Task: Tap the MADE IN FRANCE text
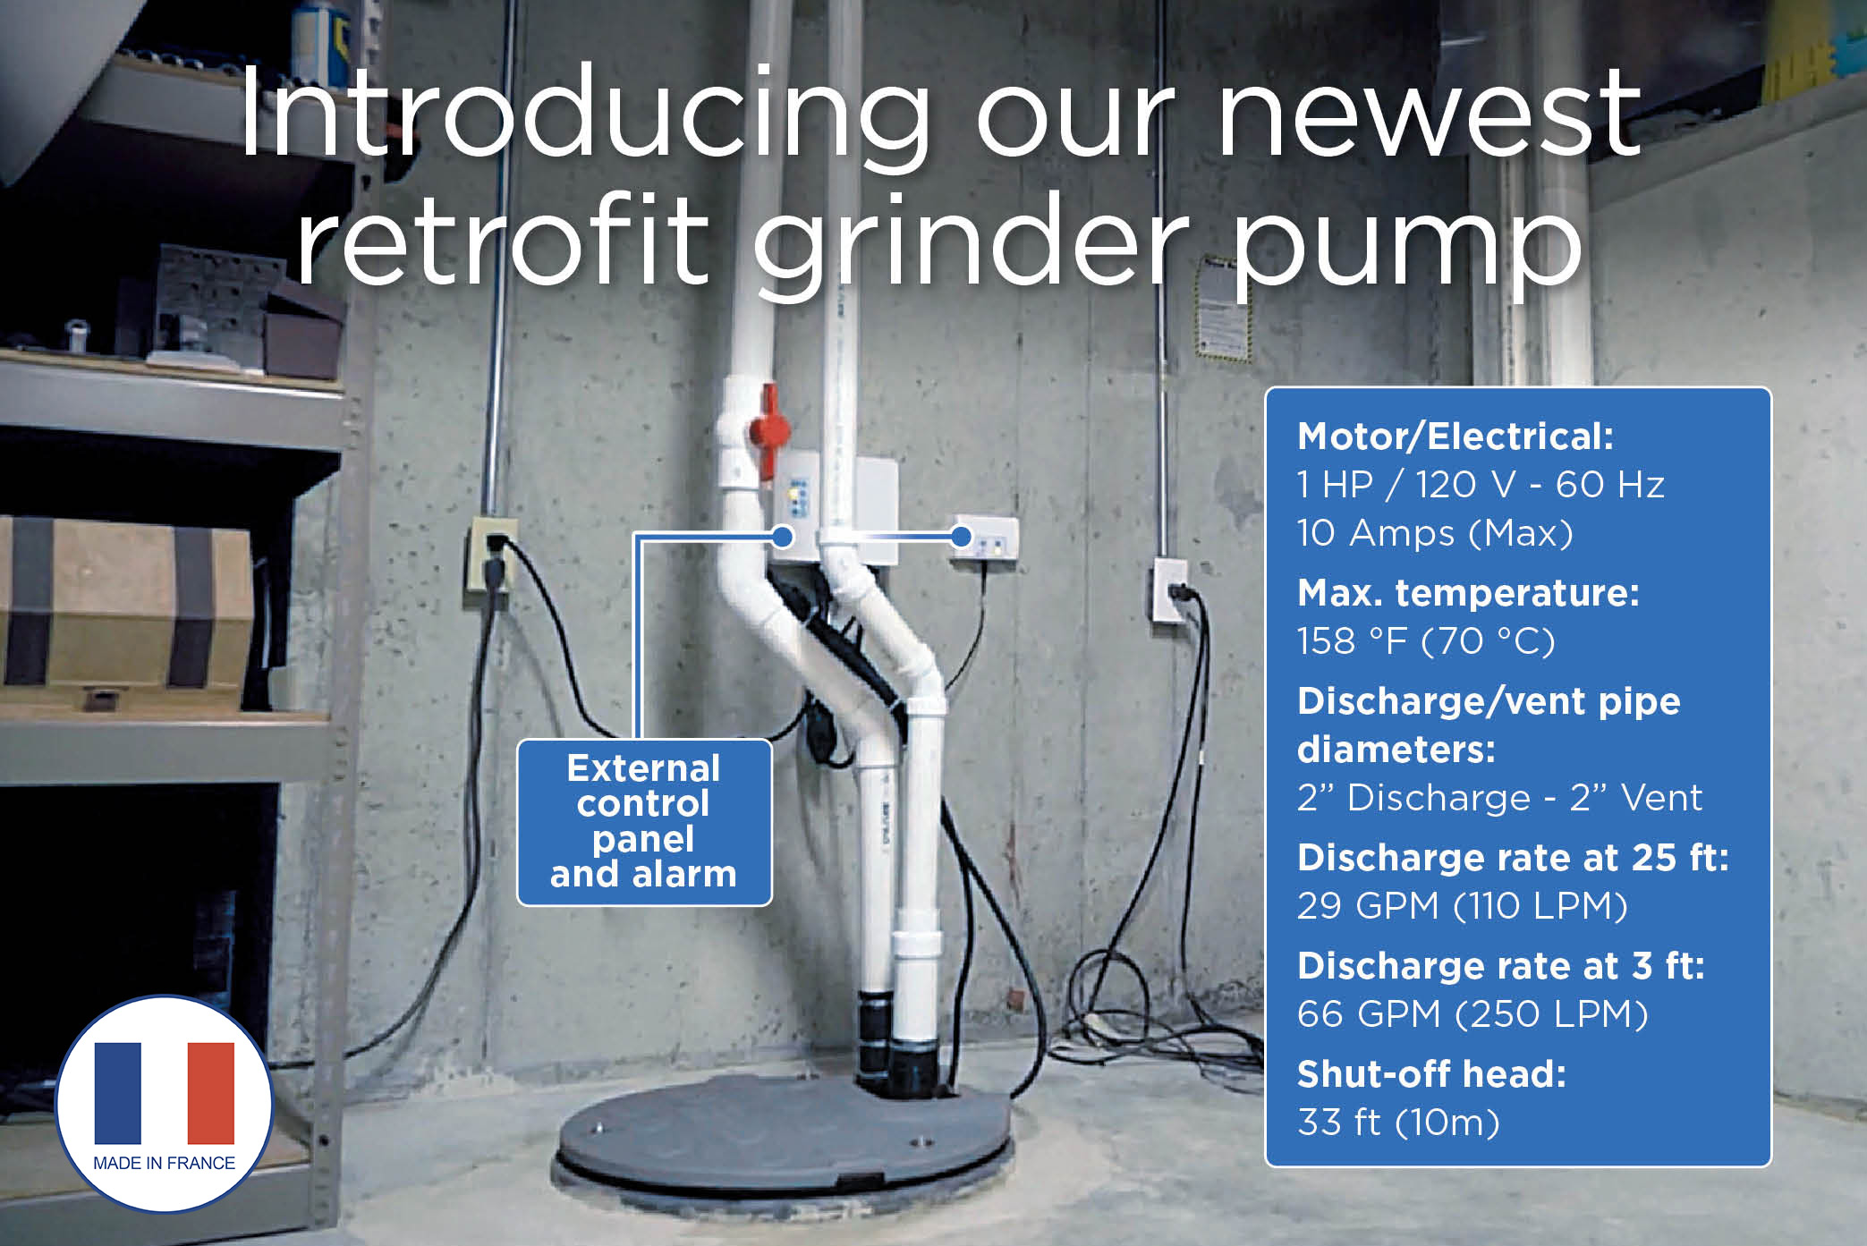pyautogui.click(x=165, y=1163)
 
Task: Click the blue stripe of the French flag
pyautogui.click(x=118, y=1092)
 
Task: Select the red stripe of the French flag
pyautogui.click(x=211, y=1092)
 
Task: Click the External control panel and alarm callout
pyautogui.click(x=644, y=822)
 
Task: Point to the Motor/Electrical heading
pyautogui.click(x=1455, y=437)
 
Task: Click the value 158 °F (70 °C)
pyautogui.click(x=1426, y=640)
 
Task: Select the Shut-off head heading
pyautogui.click(x=1431, y=1073)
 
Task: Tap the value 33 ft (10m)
pyautogui.click(x=1398, y=1122)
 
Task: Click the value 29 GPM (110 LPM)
pyautogui.click(x=1463, y=905)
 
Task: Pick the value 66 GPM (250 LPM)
pyautogui.click(x=1472, y=1013)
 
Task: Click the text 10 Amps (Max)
pyautogui.click(x=1435, y=533)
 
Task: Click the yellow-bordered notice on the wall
pyautogui.click(x=1222, y=309)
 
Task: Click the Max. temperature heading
pyautogui.click(x=1468, y=592)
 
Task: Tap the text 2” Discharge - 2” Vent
pyautogui.click(x=1499, y=797)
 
